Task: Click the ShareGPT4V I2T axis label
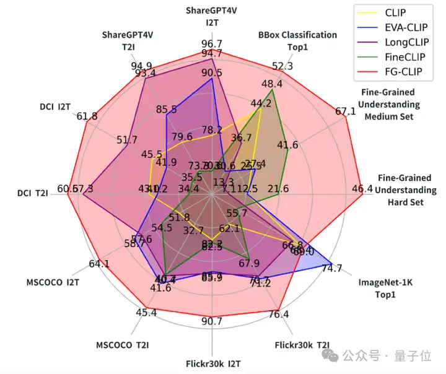(212, 16)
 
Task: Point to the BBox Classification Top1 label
(297, 40)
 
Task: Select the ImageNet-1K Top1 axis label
(385, 288)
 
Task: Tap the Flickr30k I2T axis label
(212, 362)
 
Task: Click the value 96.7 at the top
(212, 44)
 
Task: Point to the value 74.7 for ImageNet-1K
(332, 268)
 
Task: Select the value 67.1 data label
(346, 111)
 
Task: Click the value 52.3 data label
(282, 66)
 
